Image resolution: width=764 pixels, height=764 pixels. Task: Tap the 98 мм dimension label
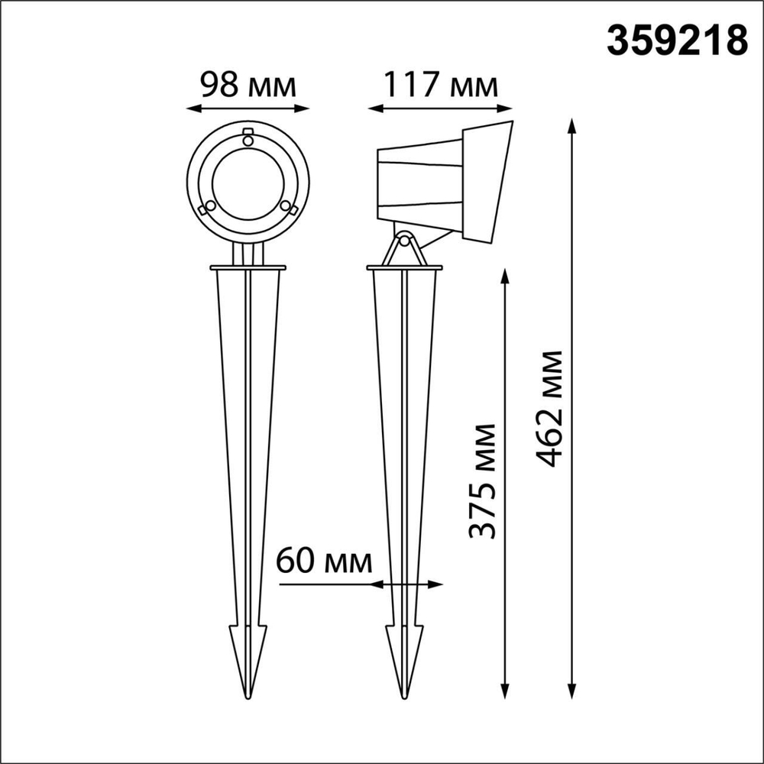pos(248,85)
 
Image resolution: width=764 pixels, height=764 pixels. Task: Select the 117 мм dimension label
pos(440,85)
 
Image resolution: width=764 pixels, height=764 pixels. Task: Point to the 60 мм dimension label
pos(324,562)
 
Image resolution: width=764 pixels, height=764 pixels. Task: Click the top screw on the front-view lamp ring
pos(247,138)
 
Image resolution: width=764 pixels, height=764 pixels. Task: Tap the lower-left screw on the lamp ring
pos(203,209)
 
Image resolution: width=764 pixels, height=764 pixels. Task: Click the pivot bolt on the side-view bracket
pos(405,240)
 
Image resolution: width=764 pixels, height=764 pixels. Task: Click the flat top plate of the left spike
pos(248,268)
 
